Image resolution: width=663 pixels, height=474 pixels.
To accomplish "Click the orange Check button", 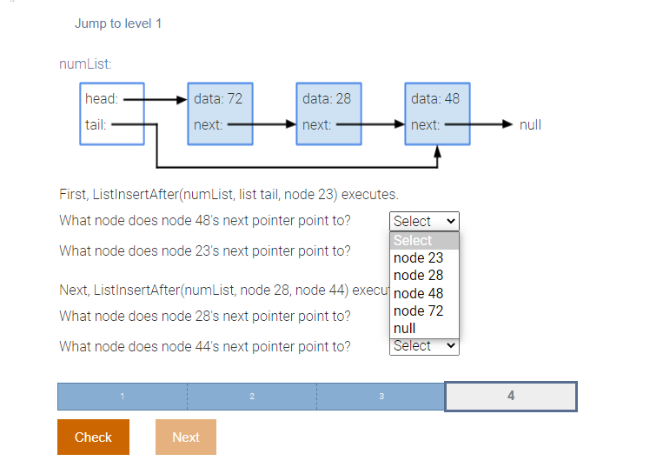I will [93, 437].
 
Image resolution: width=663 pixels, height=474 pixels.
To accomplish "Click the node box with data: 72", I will [220, 112].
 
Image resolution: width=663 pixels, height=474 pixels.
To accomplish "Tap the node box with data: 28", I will [328, 112].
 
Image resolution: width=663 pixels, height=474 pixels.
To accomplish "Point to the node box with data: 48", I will [437, 112].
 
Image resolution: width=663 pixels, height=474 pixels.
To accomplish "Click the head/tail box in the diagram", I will [111, 112].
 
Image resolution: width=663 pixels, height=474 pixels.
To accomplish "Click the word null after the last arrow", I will [530, 124].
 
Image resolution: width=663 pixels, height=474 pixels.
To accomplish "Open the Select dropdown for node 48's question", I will [424, 221].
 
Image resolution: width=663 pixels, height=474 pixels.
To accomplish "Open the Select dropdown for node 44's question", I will [424, 346].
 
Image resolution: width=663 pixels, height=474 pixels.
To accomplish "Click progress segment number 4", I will [510, 396].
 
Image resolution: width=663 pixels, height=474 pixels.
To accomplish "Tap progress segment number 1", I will [122, 397].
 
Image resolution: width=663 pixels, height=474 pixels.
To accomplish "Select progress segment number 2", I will [251, 397].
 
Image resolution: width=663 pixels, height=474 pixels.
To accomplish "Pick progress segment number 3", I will [381, 397].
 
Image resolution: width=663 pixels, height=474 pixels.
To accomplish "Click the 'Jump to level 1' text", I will [118, 23].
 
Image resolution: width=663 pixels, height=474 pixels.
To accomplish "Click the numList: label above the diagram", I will [85, 63].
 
